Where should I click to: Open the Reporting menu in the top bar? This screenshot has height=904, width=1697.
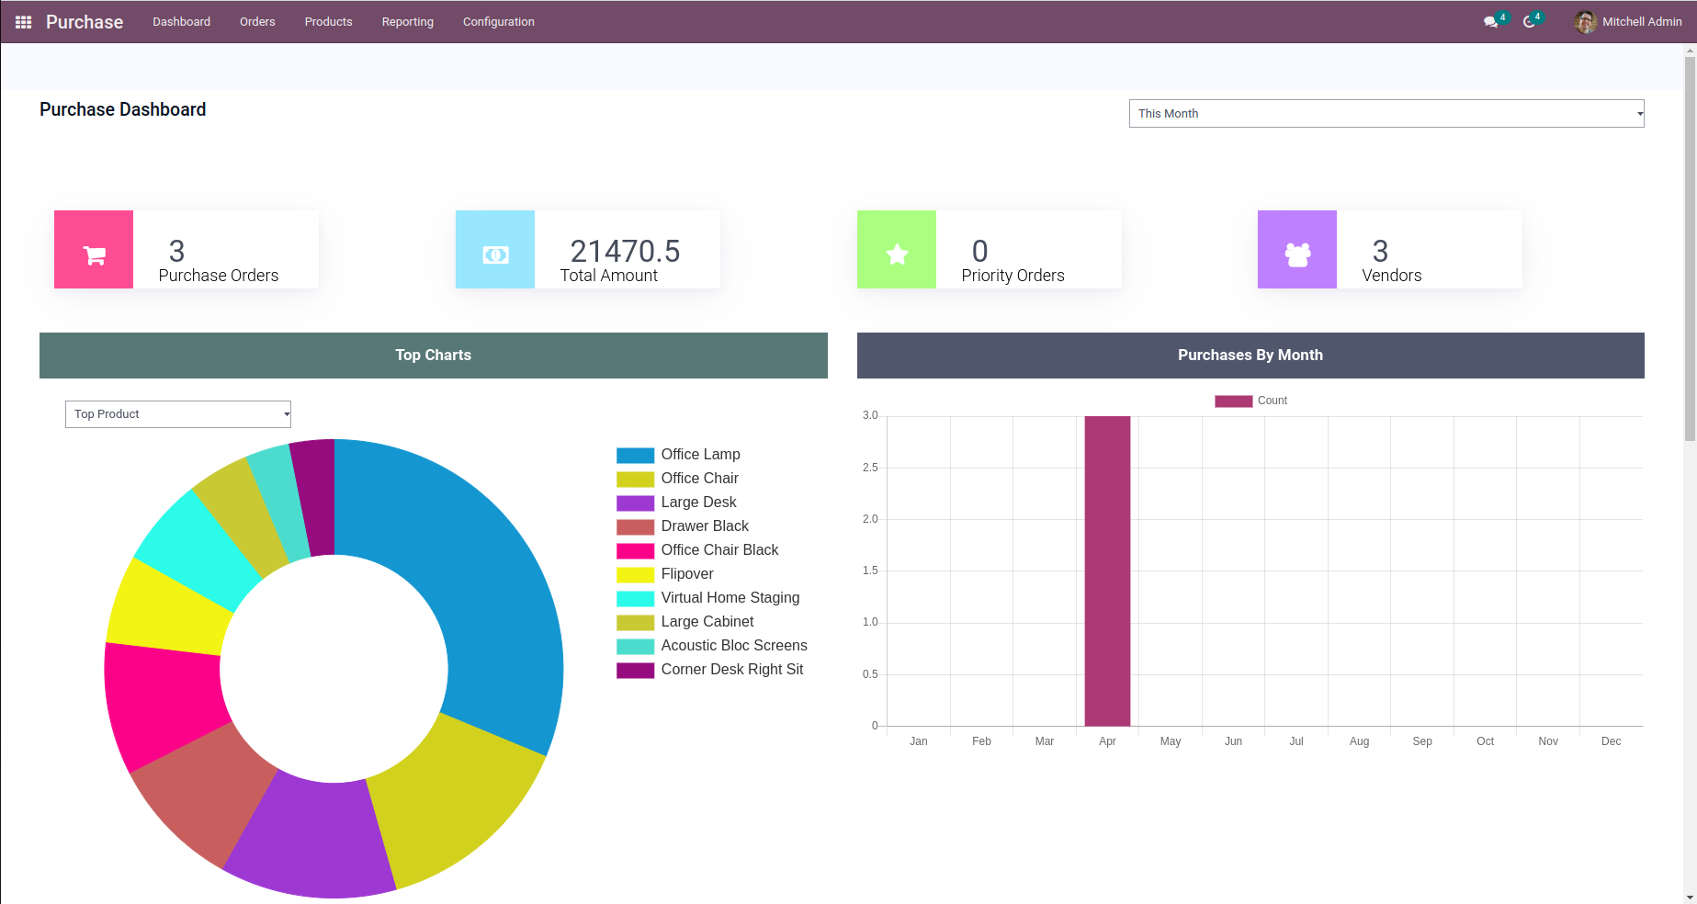point(407,22)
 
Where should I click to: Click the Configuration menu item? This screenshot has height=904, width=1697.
point(498,22)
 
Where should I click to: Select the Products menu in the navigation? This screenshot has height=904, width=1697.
point(328,22)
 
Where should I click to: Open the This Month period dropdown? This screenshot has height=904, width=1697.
point(1386,114)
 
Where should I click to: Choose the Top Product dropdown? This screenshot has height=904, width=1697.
point(178,414)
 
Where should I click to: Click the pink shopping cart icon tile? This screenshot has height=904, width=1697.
point(94,250)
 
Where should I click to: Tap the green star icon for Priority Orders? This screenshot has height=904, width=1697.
point(897,250)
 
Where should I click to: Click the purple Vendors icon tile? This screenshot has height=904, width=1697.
point(1297,250)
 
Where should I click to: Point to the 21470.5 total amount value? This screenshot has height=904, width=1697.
point(625,251)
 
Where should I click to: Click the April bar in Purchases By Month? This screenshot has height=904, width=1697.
point(1107,570)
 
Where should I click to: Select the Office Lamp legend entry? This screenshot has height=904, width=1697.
point(700,455)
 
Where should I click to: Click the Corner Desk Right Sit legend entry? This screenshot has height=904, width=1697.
point(731,670)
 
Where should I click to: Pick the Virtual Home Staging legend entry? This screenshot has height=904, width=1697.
point(730,598)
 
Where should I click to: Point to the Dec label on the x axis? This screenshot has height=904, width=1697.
point(1611,741)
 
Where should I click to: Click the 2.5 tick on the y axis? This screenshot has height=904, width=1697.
point(870,468)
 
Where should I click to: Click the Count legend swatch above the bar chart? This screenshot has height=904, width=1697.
point(1233,401)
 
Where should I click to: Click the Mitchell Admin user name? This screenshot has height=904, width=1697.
point(1641,22)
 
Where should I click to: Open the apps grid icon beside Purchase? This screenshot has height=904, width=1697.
point(24,22)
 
